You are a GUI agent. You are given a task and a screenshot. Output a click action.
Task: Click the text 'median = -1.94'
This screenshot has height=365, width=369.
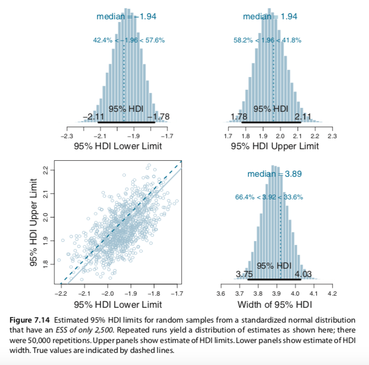pyautogui.click(x=127, y=17)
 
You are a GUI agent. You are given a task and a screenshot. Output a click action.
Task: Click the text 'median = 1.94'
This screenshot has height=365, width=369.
pyautogui.click(x=270, y=17)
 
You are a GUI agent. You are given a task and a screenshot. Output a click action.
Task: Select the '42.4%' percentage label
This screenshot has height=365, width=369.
pyautogui.click(x=104, y=40)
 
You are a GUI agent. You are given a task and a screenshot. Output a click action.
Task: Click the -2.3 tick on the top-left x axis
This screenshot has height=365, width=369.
pyautogui.click(x=67, y=135)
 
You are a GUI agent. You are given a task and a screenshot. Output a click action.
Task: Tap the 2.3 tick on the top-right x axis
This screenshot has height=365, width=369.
pyautogui.click(x=332, y=135)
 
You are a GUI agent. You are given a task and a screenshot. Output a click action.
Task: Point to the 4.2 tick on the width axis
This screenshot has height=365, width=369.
pyautogui.click(x=332, y=294)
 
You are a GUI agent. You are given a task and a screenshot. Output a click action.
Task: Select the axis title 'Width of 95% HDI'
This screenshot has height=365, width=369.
pyautogui.click(x=274, y=305)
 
